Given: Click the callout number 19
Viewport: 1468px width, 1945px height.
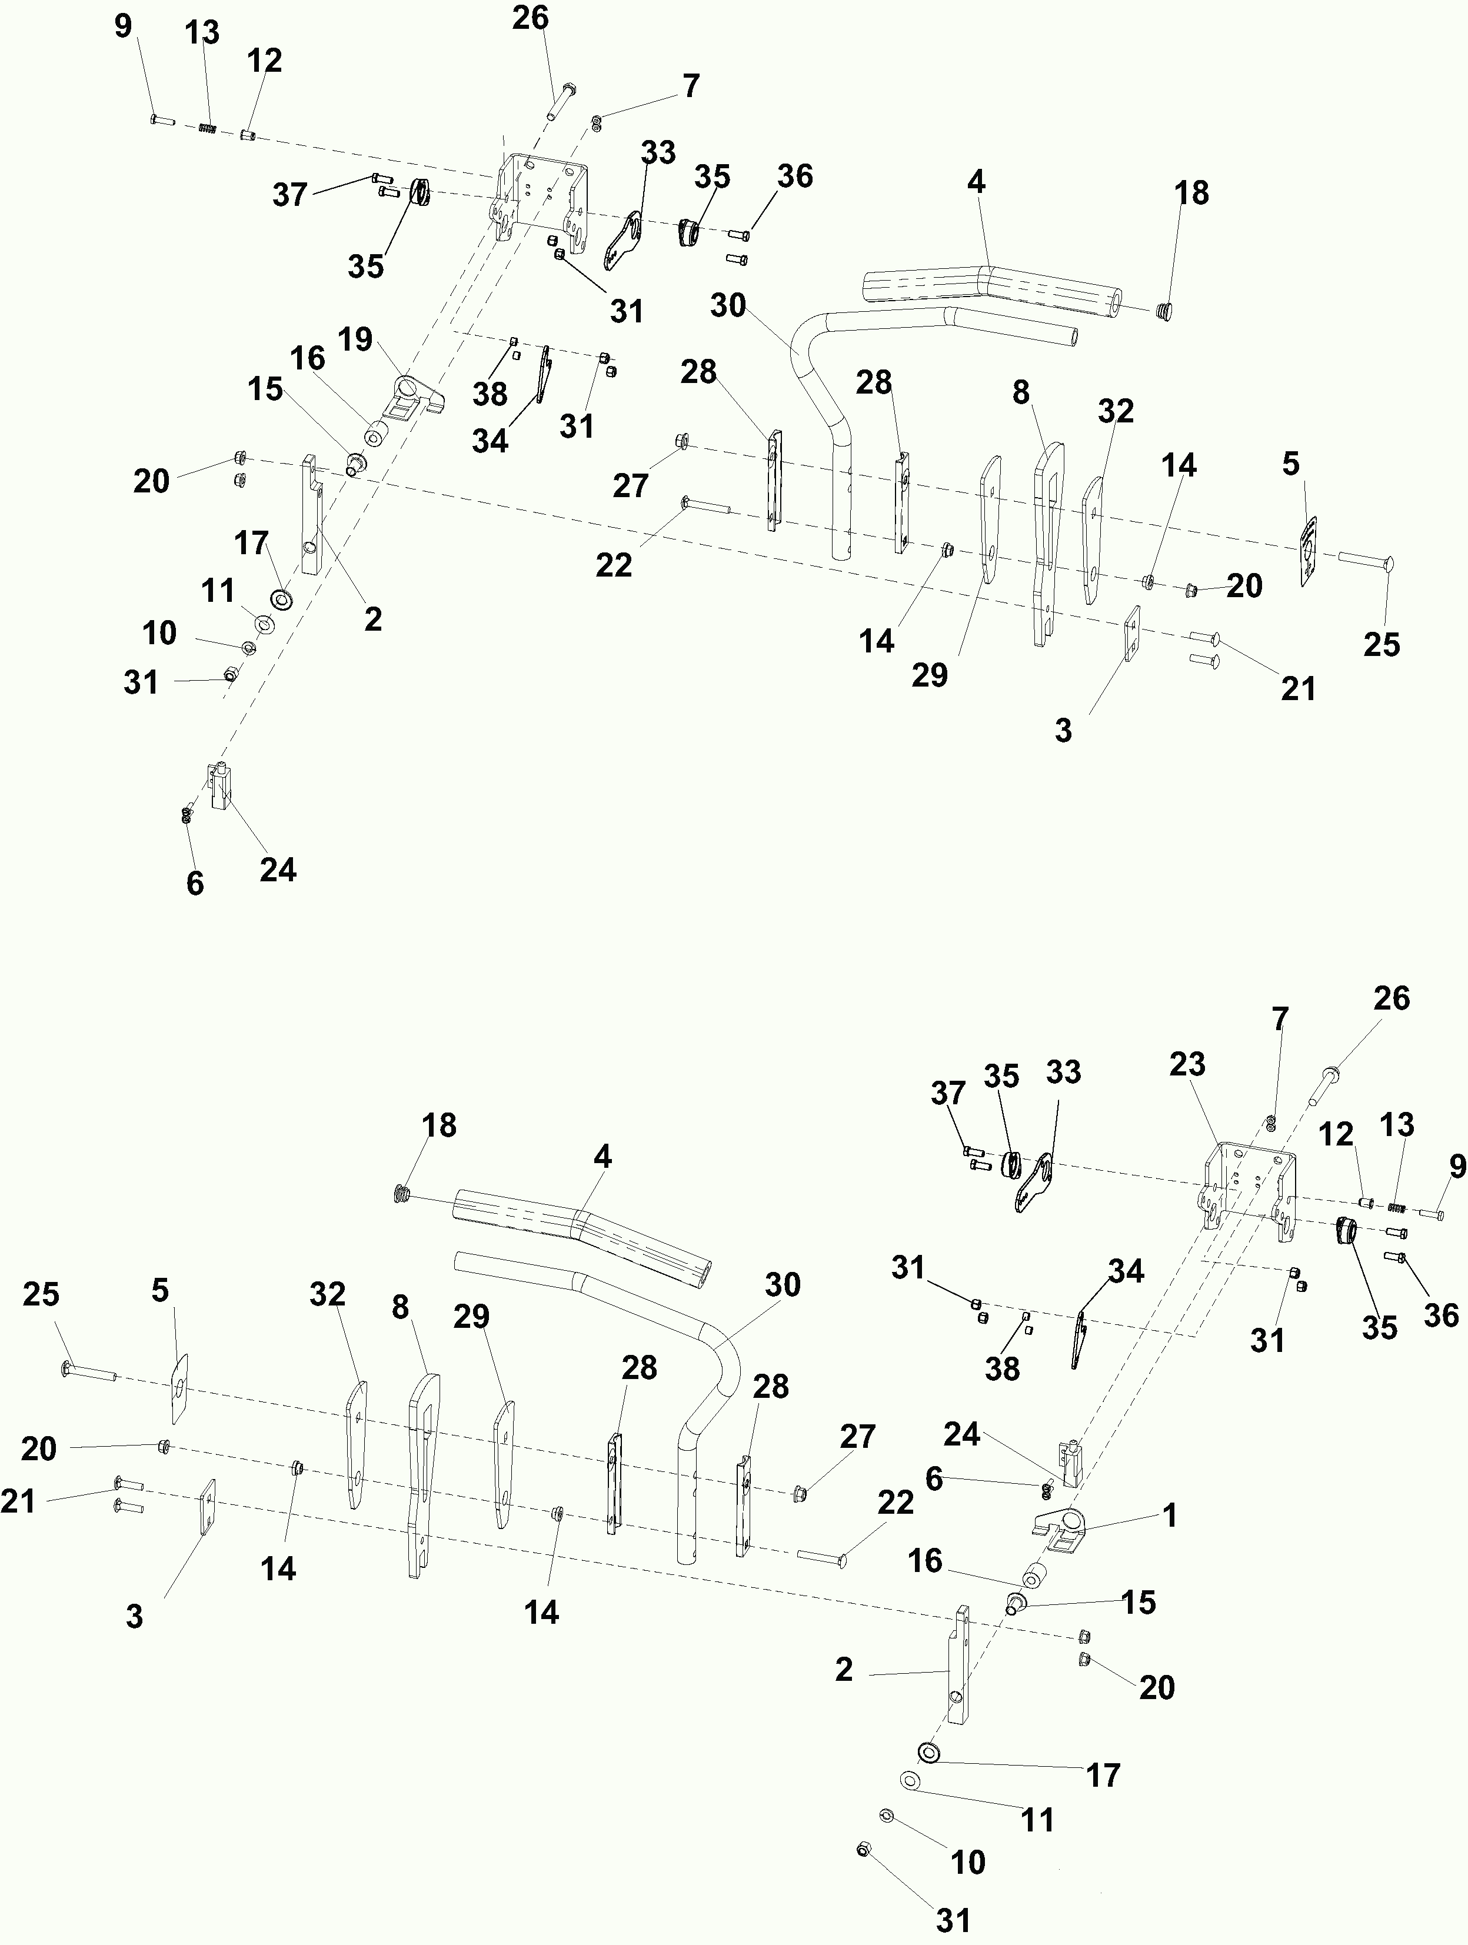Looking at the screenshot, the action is [356, 339].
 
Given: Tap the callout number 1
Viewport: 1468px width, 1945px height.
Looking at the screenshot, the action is [1170, 1515].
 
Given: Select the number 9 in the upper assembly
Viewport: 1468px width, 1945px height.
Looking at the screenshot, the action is [123, 26].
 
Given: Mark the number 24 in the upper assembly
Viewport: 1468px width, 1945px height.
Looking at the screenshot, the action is [278, 870].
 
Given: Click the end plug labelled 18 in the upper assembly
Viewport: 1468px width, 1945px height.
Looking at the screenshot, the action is [1164, 311].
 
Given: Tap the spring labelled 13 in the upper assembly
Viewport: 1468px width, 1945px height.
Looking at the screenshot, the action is [207, 128].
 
